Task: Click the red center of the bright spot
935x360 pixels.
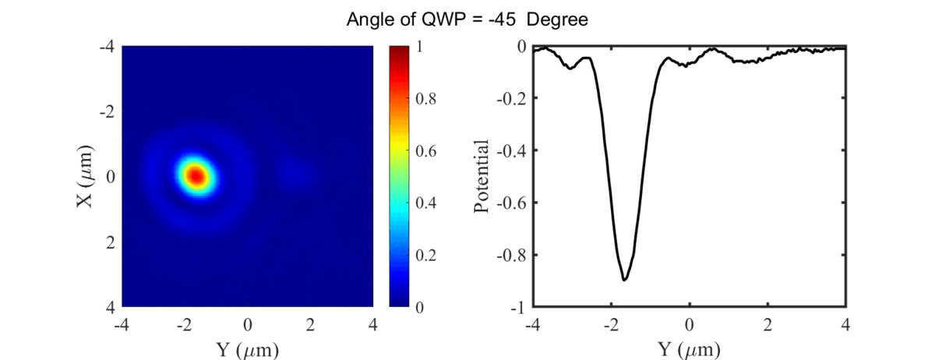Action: tap(196, 176)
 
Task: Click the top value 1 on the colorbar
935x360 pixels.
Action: tap(421, 47)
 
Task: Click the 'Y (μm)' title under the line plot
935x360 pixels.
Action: tap(689, 348)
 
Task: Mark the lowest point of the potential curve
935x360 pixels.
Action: tap(624, 280)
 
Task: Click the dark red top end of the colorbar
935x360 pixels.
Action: tap(398, 50)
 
